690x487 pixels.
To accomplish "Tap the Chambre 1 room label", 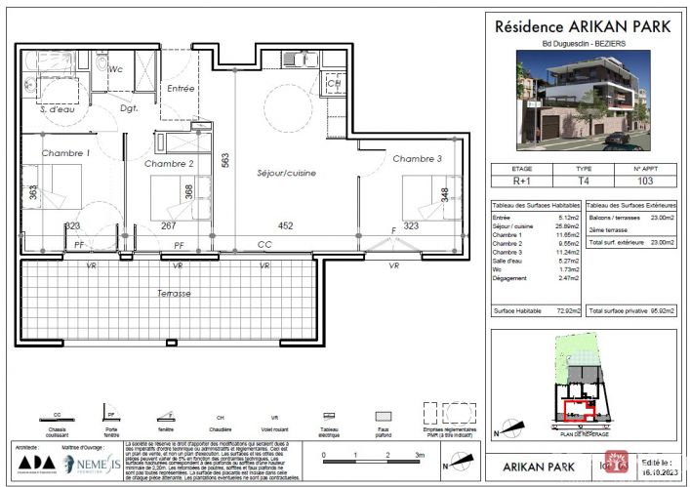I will click(65, 153).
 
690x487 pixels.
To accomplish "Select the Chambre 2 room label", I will click(170, 163).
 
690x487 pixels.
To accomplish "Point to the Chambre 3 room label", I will click(418, 158).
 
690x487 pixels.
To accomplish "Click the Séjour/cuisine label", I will click(287, 173).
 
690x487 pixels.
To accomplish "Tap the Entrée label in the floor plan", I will click(182, 89).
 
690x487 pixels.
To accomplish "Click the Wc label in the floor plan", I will click(115, 68).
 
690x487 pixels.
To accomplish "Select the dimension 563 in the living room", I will click(225, 162).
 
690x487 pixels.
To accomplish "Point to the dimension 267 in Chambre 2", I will click(167, 225).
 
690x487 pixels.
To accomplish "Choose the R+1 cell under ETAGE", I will click(523, 182).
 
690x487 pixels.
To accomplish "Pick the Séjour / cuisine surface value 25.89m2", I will click(563, 225).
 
